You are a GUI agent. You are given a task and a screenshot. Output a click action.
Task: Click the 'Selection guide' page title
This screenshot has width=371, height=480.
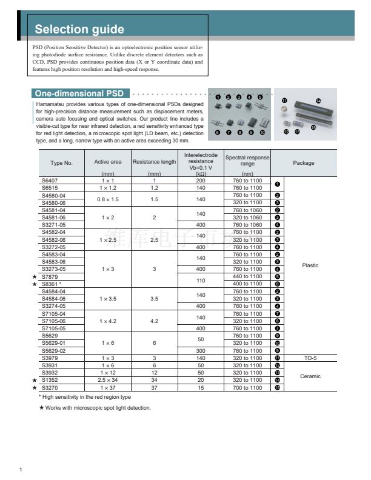point(79,30)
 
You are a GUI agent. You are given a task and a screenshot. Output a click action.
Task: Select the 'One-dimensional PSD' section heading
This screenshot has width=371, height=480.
point(79,94)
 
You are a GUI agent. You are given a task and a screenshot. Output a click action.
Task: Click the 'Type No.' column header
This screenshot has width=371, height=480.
point(61,163)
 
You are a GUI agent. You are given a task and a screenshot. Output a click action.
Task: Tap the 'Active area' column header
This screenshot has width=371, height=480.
point(108,162)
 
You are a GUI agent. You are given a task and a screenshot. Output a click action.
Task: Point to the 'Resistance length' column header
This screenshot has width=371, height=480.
point(155,162)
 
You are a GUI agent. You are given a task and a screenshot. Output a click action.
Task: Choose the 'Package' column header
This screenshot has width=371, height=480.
point(304,163)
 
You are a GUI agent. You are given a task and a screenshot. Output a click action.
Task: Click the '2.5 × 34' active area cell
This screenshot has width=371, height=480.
point(108,380)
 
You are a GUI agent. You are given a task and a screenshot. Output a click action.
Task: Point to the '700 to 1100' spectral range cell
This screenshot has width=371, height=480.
point(247,387)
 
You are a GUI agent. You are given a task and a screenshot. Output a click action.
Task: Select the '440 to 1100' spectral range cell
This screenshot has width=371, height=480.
point(247,276)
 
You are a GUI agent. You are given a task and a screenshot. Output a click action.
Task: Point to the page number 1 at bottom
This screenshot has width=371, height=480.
point(21,470)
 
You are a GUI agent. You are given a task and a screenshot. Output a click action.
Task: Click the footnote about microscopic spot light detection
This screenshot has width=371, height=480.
point(95,407)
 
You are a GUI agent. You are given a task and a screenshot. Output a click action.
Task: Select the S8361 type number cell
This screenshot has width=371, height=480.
point(52,284)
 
